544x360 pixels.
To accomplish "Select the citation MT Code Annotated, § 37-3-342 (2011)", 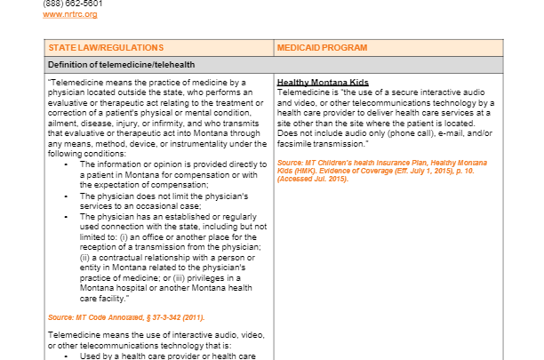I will [126, 317].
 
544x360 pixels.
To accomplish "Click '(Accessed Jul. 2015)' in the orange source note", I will [312, 179].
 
